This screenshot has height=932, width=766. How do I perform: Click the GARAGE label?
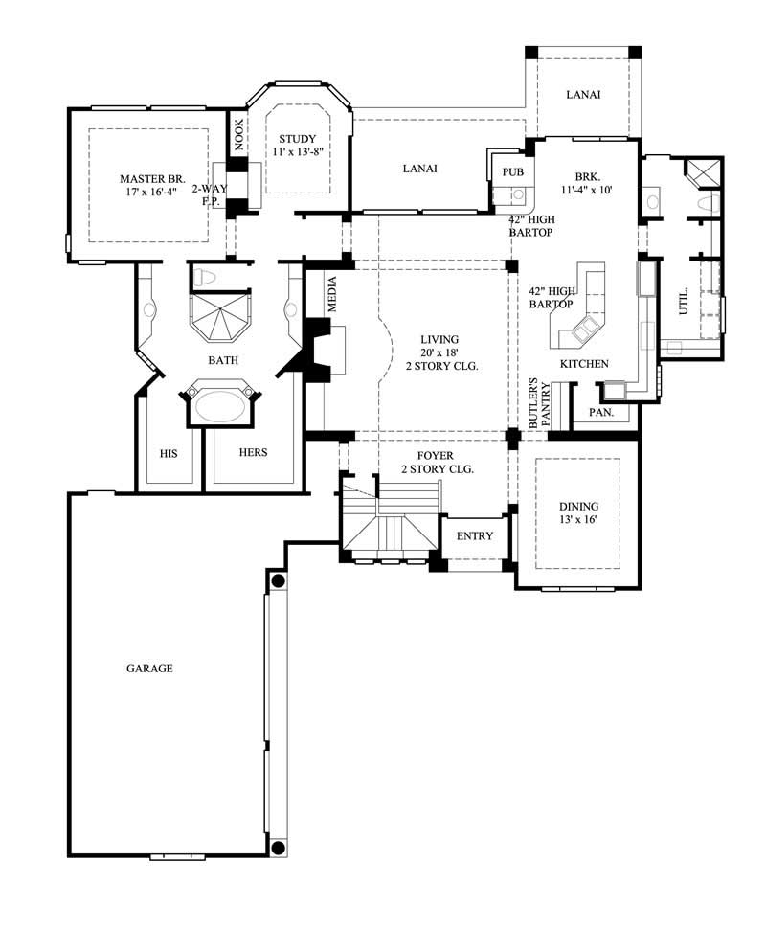click(x=149, y=668)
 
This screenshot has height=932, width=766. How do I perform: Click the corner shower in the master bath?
click(x=221, y=317)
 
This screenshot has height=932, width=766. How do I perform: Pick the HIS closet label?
click(x=169, y=452)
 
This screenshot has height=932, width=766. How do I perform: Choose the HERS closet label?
click(x=253, y=452)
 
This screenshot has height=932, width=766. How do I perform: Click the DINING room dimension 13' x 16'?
click(x=579, y=520)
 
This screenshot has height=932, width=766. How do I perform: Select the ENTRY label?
click(x=475, y=535)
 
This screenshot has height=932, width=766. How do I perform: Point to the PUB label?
click(x=513, y=171)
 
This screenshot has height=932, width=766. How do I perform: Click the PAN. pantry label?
click(x=600, y=413)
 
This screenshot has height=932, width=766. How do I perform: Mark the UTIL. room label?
click(x=684, y=304)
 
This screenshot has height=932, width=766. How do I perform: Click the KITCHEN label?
click(x=584, y=364)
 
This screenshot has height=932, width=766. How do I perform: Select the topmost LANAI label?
click(x=583, y=94)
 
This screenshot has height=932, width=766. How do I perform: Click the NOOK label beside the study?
click(x=238, y=135)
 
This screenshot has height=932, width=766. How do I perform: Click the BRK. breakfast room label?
click(x=587, y=176)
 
